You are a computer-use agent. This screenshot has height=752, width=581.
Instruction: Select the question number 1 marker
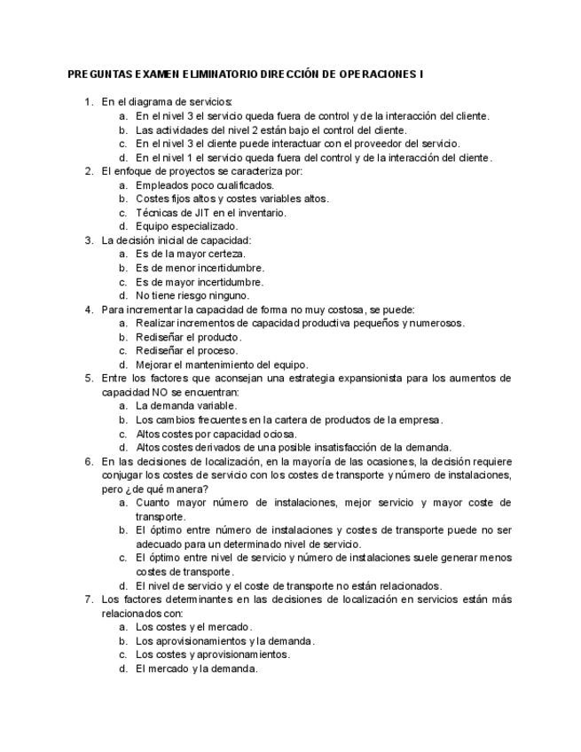coord(88,102)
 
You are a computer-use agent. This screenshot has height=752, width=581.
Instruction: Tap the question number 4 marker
coord(88,309)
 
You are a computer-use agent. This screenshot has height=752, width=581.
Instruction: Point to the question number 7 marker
coord(88,599)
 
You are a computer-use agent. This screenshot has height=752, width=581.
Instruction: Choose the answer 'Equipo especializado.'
coord(186,226)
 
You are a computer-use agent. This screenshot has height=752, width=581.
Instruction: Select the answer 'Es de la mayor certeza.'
coord(191,254)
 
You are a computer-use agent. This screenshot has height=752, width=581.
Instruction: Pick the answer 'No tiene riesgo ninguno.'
coord(192,295)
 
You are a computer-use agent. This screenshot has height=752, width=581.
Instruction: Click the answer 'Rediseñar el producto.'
coord(189,337)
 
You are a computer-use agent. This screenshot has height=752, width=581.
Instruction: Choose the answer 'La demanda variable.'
coord(186,405)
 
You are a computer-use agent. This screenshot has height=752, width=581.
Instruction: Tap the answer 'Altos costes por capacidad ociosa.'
coord(217,434)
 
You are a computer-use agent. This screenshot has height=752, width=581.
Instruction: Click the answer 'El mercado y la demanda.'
coord(196,669)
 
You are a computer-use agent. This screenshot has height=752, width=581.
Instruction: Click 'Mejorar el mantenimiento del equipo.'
coord(222,364)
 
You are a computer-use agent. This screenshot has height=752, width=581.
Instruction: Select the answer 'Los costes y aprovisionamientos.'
coord(213,654)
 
